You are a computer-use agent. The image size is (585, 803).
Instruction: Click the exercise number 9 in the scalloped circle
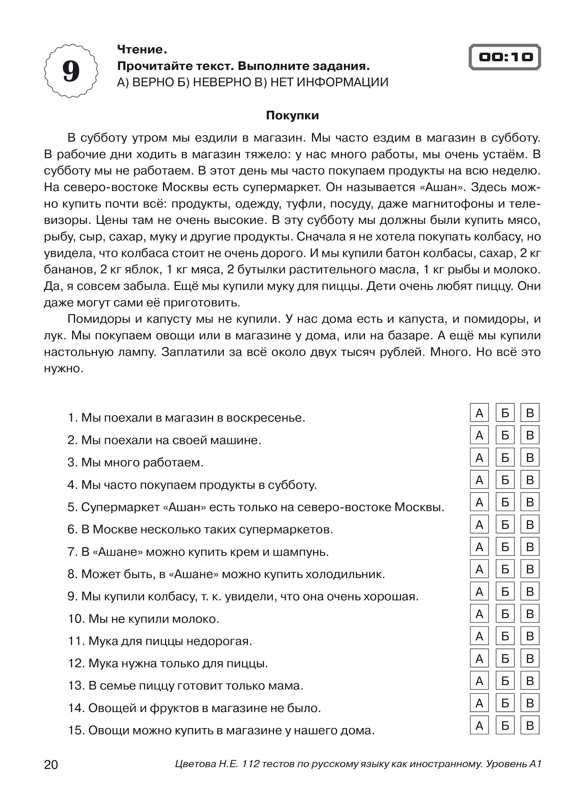coord(71,71)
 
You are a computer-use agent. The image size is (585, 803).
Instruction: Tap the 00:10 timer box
coord(505,57)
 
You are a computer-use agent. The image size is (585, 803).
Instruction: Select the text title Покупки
coord(292,116)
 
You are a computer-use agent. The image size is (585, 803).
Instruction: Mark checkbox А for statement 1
coord(479,412)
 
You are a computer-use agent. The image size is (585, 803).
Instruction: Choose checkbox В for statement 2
coord(530,435)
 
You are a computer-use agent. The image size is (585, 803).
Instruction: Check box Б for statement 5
coord(505,502)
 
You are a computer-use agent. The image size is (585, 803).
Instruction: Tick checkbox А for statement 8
coord(479,569)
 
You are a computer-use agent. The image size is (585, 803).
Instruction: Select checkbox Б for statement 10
coord(505,614)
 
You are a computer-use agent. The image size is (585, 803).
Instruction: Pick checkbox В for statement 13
coord(530,681)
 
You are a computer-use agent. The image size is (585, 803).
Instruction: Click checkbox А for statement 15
coord(479,725)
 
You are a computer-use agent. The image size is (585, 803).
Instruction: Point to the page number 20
coord(51,765)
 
